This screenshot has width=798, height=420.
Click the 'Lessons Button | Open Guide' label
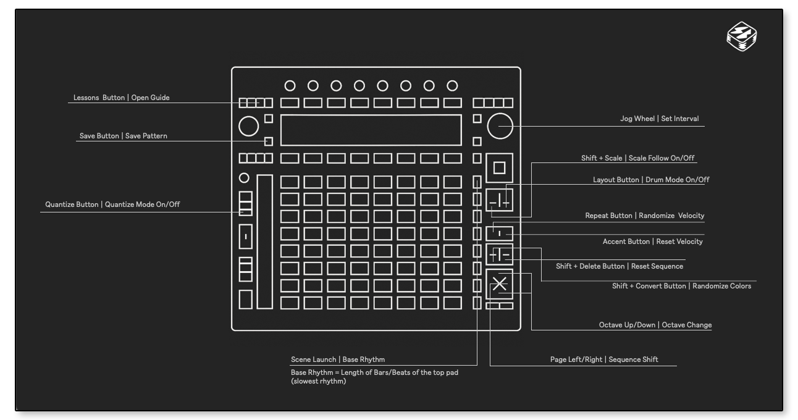tap(121, 98)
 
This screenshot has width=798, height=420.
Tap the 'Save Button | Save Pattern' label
tap(123, 136)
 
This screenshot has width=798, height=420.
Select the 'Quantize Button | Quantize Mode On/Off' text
tap(112, 204)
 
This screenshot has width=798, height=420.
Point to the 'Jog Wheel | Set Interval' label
tap(659, 119)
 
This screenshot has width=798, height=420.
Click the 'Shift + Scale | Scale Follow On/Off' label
tap(637, 158)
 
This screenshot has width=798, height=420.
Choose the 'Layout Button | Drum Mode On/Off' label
tap(651, 180)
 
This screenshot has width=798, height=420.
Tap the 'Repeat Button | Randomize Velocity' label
tap(644, 216)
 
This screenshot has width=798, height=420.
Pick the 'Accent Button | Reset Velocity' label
tap(652, 241)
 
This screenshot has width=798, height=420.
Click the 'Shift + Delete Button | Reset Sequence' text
tap(619, 266)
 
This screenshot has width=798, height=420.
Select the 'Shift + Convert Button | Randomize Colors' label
tap(681, 286)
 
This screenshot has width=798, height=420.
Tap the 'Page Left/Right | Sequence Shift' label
tap(604, 359)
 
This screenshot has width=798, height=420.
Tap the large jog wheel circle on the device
tap(500, 126)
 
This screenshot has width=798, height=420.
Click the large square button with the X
tap(500, 284)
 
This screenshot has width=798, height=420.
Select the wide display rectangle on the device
tap(371, 130)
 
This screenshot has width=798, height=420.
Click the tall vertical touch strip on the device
tap(264, 241)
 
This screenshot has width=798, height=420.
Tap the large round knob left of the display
tap(248, 126)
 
